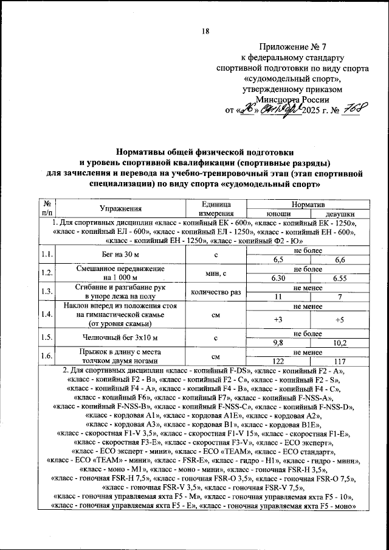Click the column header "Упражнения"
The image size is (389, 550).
[122, 209]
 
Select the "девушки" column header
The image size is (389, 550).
[334, 214]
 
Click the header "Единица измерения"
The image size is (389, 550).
[215, 209]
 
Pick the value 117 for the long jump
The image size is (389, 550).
[334, 361]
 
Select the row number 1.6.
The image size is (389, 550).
[46, 356]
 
